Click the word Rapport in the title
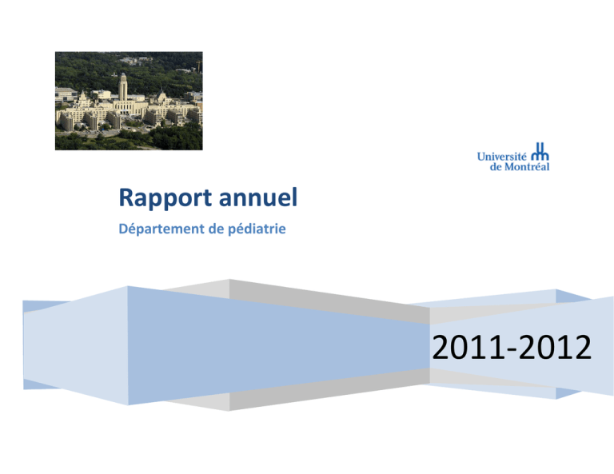click(x=165, y=198)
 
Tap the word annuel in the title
click(x=258, y=197)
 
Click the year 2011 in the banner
click(x=468, y=347)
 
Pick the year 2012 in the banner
click(x=556, y=347)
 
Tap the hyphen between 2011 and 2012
click(x=512, y=349)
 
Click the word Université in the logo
click(x=501, y=157)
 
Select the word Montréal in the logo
click(x=527, y=167)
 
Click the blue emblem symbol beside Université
click(x=540, y=152)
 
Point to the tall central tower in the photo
click(x=122, y=87)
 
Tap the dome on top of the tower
click(x=123, y=75)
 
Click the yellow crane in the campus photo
click(x=199, y=66)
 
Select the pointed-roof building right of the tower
click(x=161, y=96)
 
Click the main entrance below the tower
click(x=125, y=110)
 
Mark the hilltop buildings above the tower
click(x=135, y=60)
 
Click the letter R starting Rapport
click(x=126, y=197)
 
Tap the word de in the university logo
click(x=496, y=167)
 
